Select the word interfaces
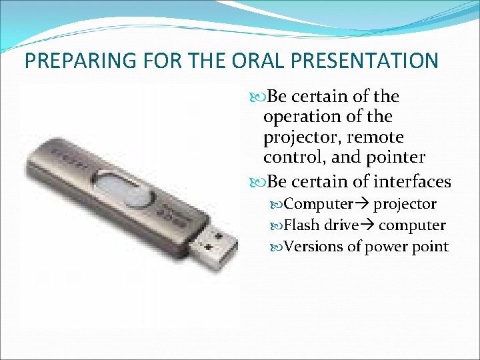click(x=413, y=181)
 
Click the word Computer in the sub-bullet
click(x=318, y=203)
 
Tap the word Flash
click(x=301, y=225)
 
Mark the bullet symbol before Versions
click(x=279, y=247)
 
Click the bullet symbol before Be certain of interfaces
click(x=259, y=182)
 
